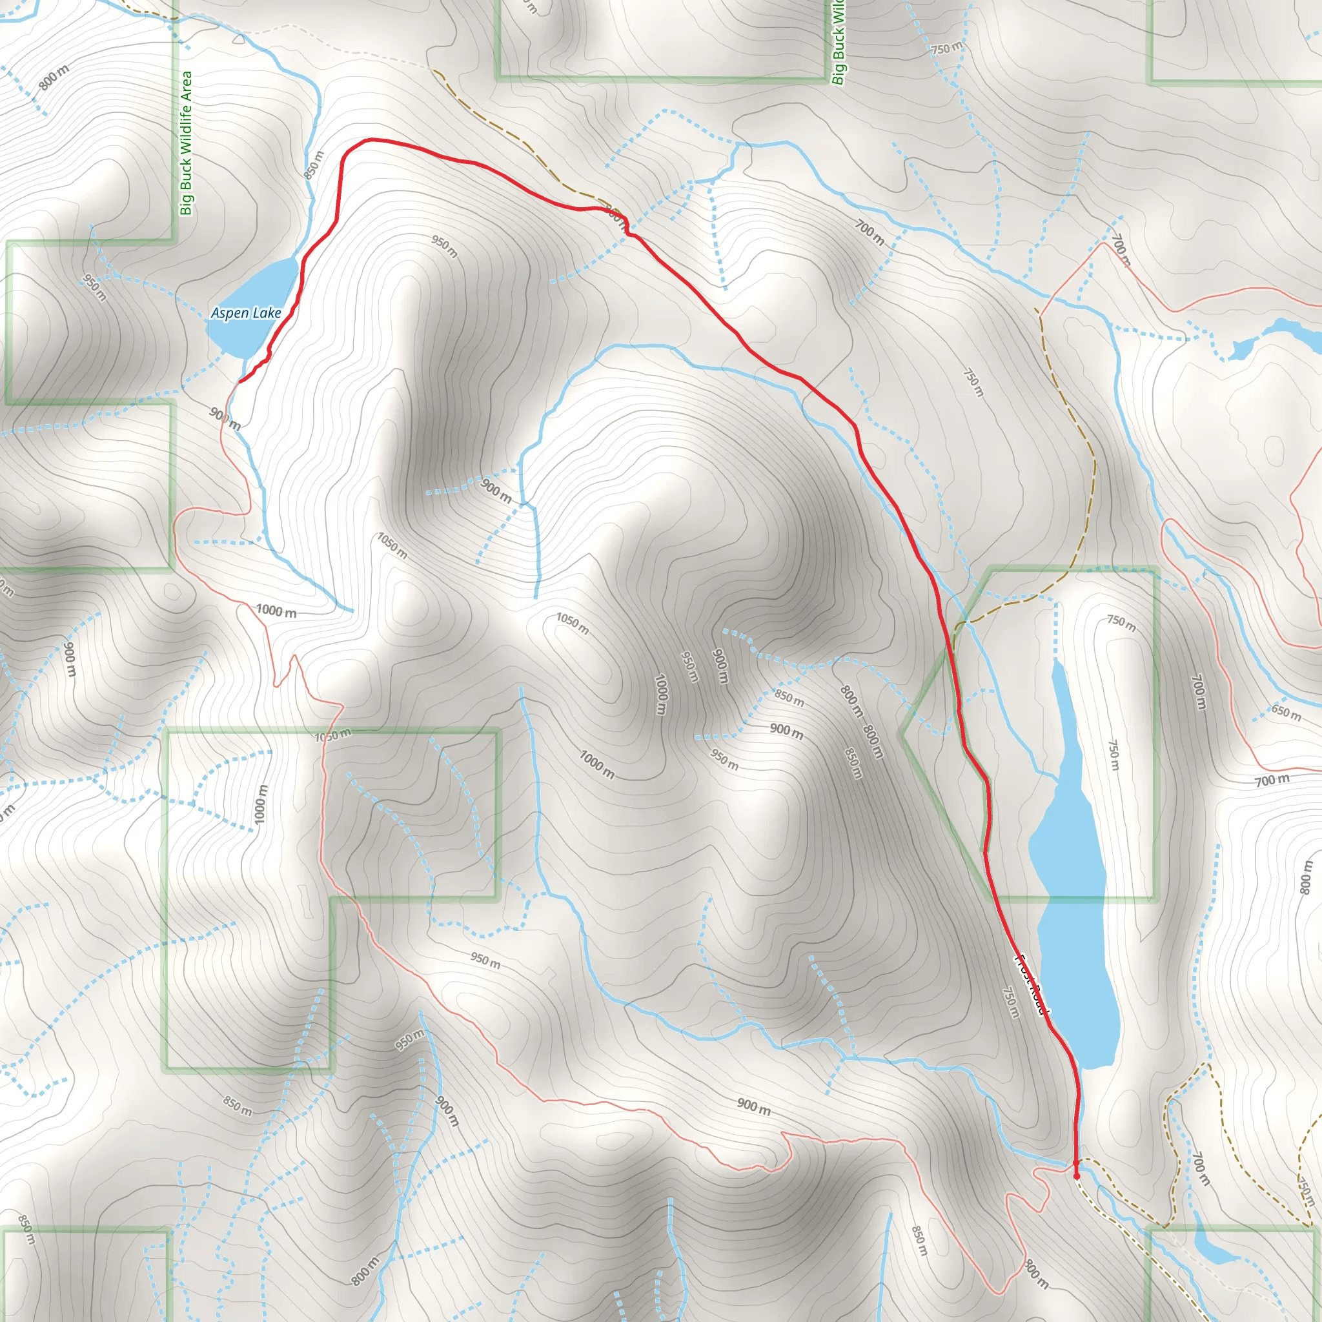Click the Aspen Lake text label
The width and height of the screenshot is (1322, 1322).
point(246,313)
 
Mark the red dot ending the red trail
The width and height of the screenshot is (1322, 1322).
point(1076,1176)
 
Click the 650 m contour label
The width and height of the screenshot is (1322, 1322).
point(1286,713)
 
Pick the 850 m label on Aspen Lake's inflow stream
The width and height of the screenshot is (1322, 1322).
point(313,165)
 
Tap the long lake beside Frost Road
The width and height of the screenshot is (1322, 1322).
point(1071,890)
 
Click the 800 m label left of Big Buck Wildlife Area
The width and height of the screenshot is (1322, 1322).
point(54,78)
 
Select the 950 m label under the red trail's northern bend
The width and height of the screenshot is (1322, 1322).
point(444,247)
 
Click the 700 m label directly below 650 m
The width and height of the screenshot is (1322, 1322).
point(1272,779)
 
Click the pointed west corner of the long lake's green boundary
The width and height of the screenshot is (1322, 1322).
point(902,734)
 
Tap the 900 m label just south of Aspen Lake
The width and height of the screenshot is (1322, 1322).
point(225,419)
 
